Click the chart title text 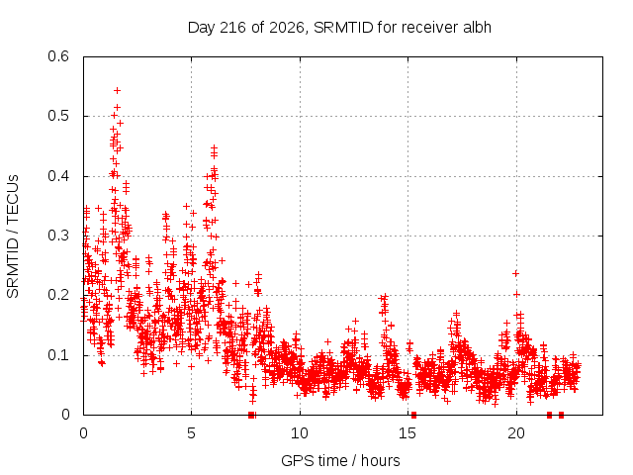(x=339, y=28)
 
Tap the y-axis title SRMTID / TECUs (x=13, y=237)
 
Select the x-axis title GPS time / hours (x=340, y=460)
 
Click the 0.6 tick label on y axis (x=58, y=56)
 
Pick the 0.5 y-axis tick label (x=58, y=116)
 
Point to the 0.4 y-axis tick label (x=58, y=176)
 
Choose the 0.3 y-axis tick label (x=58, y=236)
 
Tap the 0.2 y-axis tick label (x=58, y=295)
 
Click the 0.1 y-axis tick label (x=58, y=355)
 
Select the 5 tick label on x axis (x=191, y=433)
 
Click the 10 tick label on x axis (x=300, y=433)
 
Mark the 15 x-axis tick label (x=407, y=433)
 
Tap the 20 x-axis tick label (x=516, y=433)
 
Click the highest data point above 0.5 (x=117, y=90)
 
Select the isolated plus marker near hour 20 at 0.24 (x=515, y=274)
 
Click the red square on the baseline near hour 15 (x=413, y=415)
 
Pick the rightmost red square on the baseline (x=561, y=415)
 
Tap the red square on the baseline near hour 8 (x=251, y=415)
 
